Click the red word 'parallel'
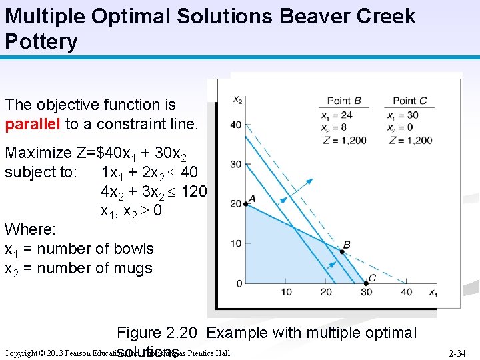[x=33, y=124]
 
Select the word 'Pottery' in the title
[x=41, y=42]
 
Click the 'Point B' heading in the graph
[x=344, y=101]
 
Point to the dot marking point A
[x=246, y=204]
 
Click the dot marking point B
[x=344, y=252]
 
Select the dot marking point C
[x=365, y=283]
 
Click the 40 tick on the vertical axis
[x=236, y=125]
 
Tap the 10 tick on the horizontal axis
[x=286, y=292]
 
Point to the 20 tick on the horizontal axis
[x=326, y=292]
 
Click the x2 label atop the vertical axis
[x=237, y=100]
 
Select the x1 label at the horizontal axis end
[x=433, y=293]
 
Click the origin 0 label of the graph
[x=239, y=284]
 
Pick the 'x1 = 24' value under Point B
[x=337, y=115]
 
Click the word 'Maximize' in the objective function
[x=39, y=153]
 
